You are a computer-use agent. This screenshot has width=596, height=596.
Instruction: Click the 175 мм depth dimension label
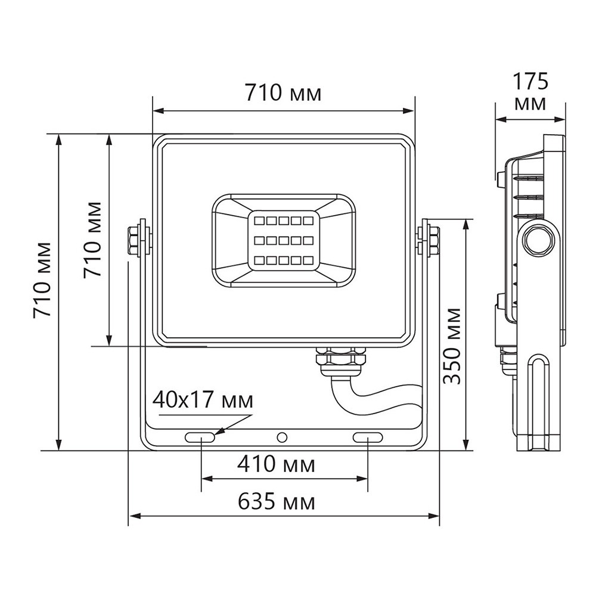click(x=530, y=91)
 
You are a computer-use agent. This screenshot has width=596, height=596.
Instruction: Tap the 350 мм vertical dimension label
click(x=453, y=346)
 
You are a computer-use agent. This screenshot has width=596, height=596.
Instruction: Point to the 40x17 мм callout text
click(x=203, y=399)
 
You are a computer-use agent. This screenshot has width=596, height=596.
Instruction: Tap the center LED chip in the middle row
click(x=283, y=241)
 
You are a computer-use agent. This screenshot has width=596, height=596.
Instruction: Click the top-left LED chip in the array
click(x=259, y=221)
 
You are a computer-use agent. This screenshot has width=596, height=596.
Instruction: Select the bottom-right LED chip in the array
click(x=307, y=260)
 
